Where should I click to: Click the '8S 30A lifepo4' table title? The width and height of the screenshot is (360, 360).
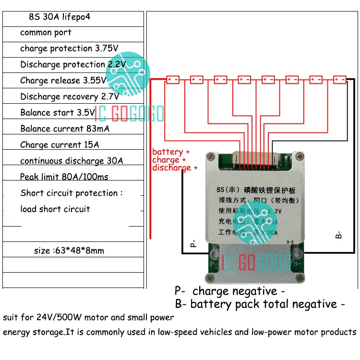pyautogui.click(x=60, y=17)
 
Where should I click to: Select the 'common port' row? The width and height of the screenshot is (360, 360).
pyautogui.click(x=46, y=33)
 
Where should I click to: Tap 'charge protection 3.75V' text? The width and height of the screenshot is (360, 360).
pyautogui.click(x=69, y=48)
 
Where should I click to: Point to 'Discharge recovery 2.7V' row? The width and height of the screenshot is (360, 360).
pyautogui.click(x=72, y=96)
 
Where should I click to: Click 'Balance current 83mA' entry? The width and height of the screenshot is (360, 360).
pyautogui.click(x=64, y=129)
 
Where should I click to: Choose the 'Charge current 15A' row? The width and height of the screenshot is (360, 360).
pyautogui.click(x=60, y=144)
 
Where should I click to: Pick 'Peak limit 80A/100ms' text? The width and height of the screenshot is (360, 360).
pyautogui.click(x=64, y=177)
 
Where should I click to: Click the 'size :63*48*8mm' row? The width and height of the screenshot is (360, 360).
pyautogui.click(x=69, y=250)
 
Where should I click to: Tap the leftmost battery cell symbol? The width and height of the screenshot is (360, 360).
pyautogui.click(x=173, y=80)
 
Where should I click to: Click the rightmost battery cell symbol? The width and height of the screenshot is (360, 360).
pyautogui.click(x=340, y=80)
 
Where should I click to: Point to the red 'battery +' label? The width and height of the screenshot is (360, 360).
pyautogui.click(x=171, y=152)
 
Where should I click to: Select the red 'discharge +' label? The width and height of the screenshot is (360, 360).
pyautogui.click(x=175, y=168)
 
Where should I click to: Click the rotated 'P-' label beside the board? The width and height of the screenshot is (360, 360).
pyautogui.click(x=193, y=243)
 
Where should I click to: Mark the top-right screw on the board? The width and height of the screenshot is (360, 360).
pyautogui.click(x=300, y=156)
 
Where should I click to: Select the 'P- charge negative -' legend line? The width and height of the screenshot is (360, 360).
pyautogui.click(x=229, y=291)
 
